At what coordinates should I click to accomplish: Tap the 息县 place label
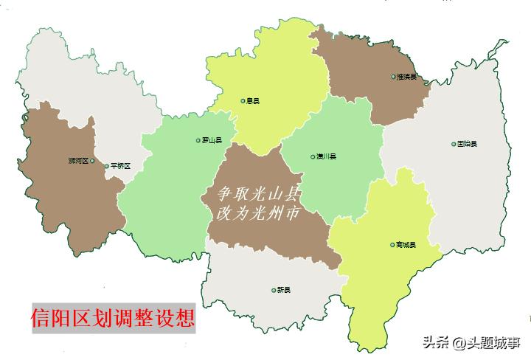(253, 101)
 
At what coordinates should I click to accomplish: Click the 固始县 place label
(467, 144)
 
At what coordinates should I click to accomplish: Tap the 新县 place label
(284, 290)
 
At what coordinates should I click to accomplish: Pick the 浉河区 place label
(77, 160)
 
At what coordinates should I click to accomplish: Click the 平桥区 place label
(120, 166)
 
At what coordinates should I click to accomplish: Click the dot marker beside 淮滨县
(393, 77)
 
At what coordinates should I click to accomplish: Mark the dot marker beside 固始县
(454, 144)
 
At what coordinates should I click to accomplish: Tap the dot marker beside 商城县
(392, 245)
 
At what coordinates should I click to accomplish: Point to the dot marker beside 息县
(243, 101)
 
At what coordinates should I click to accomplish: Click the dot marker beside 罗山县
(198, 140)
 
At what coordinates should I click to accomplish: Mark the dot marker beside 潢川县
(313, 156)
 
